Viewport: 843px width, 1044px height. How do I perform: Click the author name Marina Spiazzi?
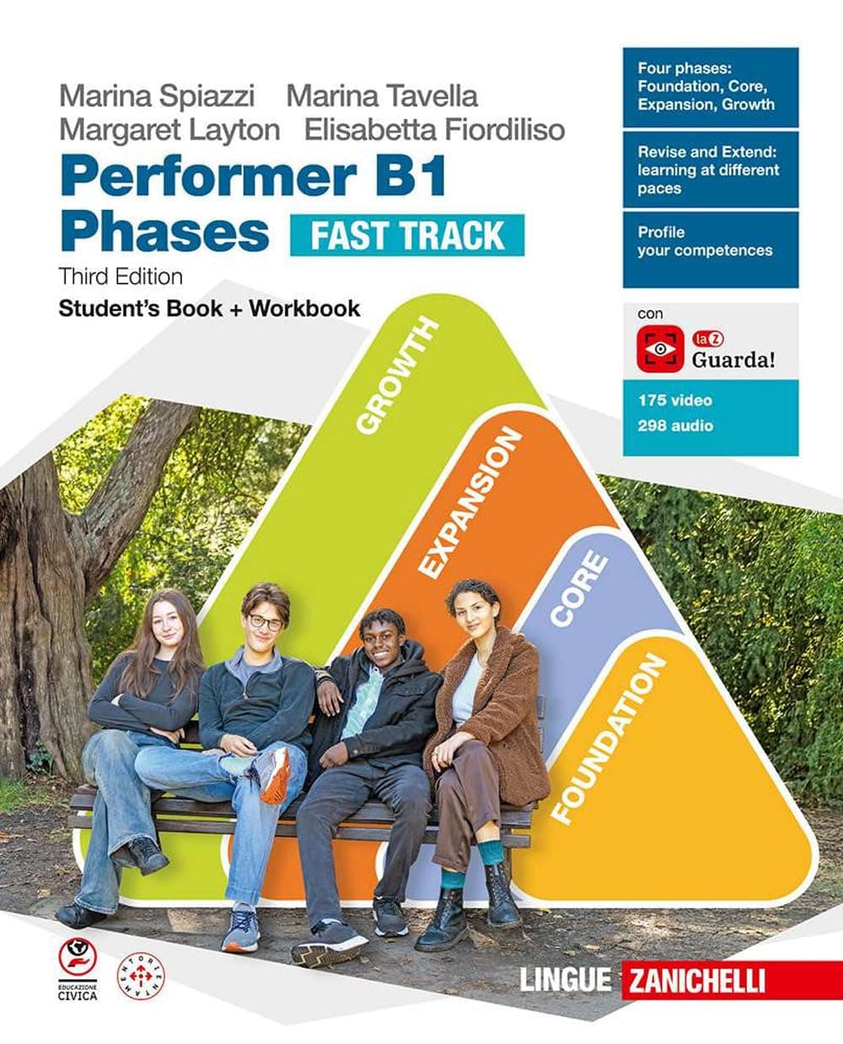[x=156, y=95]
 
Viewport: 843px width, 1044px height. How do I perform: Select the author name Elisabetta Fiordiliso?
[x=435, y=129]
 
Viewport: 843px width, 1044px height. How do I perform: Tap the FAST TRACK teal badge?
[x=407, y=235]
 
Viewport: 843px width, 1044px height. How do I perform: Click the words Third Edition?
[x=121, y=276]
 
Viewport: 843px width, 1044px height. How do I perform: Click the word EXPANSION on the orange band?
[x=470, y=504]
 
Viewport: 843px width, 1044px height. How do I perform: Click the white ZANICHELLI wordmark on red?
[x=693, y=980]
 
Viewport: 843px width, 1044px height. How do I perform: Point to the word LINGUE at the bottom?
[x=565, y=980]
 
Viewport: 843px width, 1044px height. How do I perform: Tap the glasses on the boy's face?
[x=265, y=623]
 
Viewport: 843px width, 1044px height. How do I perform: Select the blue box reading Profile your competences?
[x=711, y=248]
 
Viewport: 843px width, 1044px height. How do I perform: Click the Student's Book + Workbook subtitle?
[x=209, y=308]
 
